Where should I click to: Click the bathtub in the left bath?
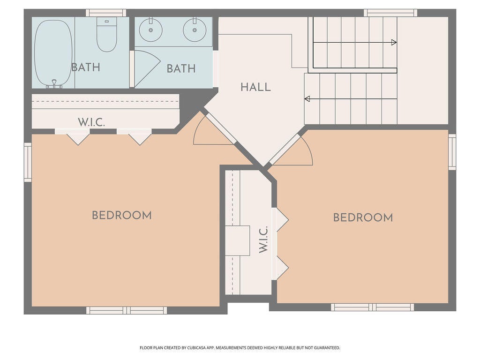pyautogui.click(x=53, y=53)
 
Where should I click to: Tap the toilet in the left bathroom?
pyautogui.click(x=106, y=34)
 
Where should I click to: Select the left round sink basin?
pyautogui.click(x=150, y=30)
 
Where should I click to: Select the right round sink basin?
pyautogui.click(x=195, y=30)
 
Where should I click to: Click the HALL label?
pyautogui.click(x=255, y=87)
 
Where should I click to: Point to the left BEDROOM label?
pyautogui.click(x=122, y=216)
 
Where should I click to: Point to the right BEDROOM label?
pyautogui.click(x=363, y=217)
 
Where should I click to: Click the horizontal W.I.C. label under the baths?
pyautogui.click(x=91, y=122)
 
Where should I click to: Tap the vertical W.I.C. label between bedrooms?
pyautogui.click(x=263, y=240)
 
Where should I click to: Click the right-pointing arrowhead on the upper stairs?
pyautogui.click(x=394, y=43)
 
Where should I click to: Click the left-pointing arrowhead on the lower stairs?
pyautogui.click(x=307, y=98)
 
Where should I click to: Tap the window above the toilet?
pyautogui.click(x=105, y=13)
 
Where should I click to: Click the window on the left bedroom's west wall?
pyautogui.click(x=28, y=162)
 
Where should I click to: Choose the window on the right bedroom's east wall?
pyautogui.click(x=452, y=151)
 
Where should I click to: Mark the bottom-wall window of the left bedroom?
pyautogui.click(x=127, y=310)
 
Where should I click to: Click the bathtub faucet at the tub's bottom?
pyautogui.click(x=54, y=84)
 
